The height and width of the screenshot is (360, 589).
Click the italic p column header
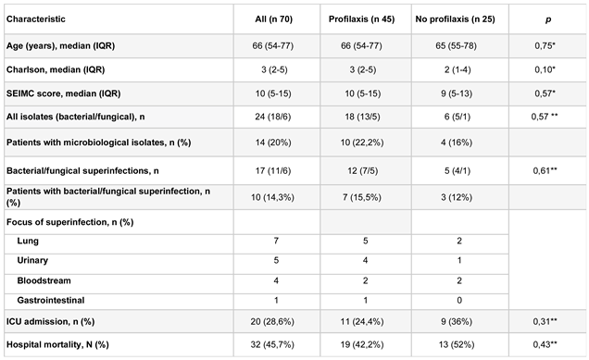click(x=547, y=18)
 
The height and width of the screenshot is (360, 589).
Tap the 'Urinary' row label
click(x=33, y=262)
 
